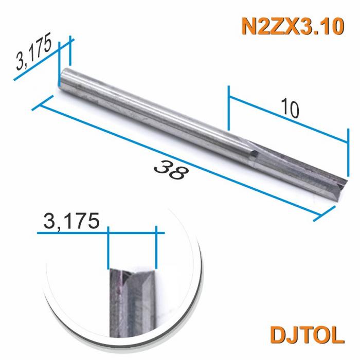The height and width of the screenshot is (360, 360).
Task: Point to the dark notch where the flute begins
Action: tap(254, 152)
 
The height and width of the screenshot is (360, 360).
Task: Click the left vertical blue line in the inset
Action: tap(108, 249)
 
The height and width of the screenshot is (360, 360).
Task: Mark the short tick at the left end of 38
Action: tap(43, 102)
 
